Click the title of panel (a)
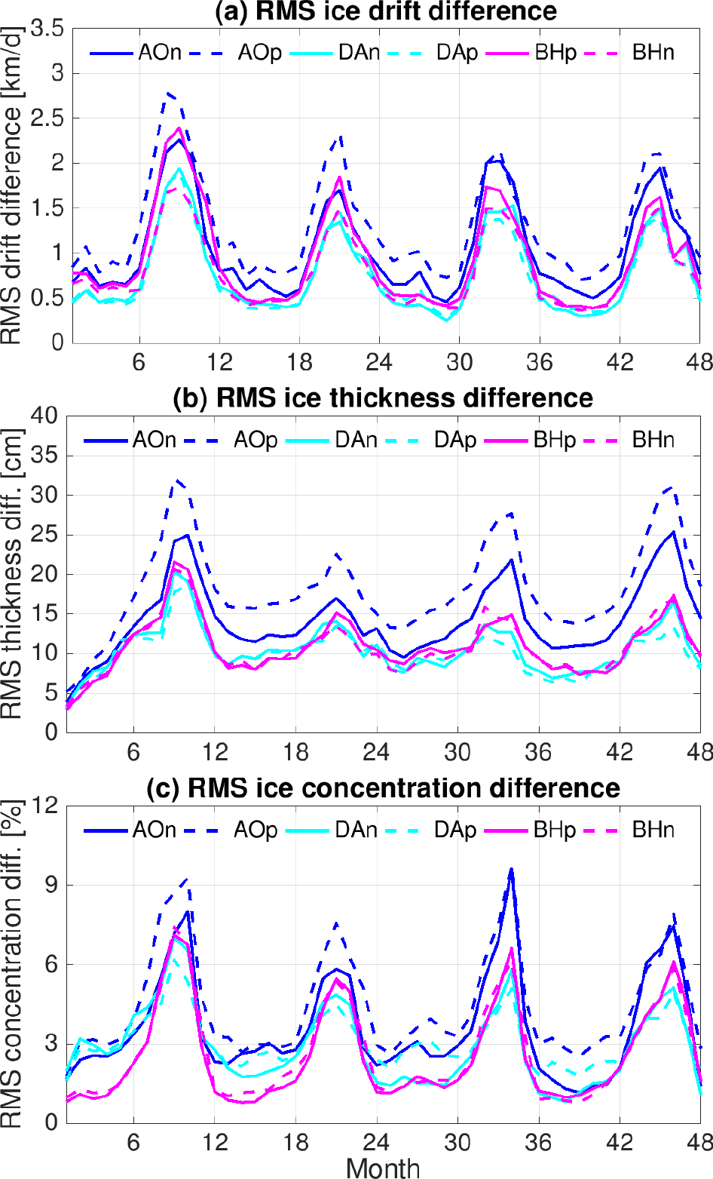click(x=386, y=11)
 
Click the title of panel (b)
click(x=382, y=398)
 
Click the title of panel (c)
click(x=382, y=788)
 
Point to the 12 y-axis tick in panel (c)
click(x=45, y=806)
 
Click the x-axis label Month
click(x=383, y=1167)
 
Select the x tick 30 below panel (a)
click(x=459, y=363)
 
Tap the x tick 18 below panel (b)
click(x=296, y=752)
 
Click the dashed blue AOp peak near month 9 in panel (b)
click(x=176, y=480)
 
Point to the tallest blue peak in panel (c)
click(x=511, y=869)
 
